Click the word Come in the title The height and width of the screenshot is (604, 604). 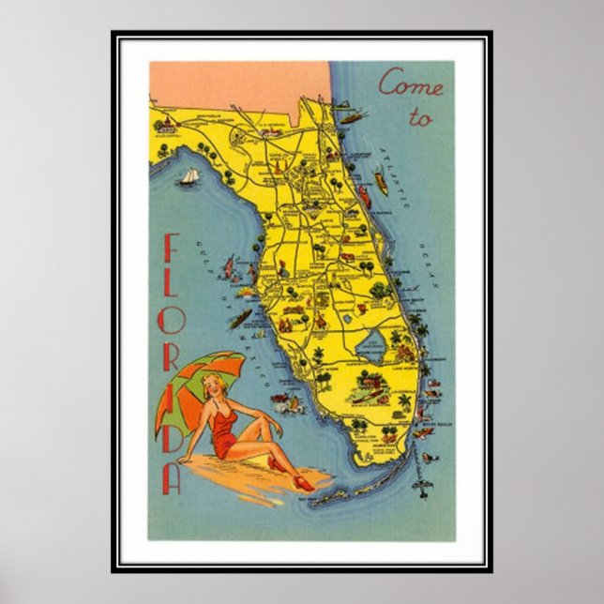coord(410,85)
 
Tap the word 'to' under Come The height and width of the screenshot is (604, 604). coord(421,118)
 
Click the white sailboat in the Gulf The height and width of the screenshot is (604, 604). coord(190,176)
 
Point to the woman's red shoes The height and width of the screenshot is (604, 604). coord(302,482)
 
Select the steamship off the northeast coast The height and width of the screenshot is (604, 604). coord(352,117)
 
